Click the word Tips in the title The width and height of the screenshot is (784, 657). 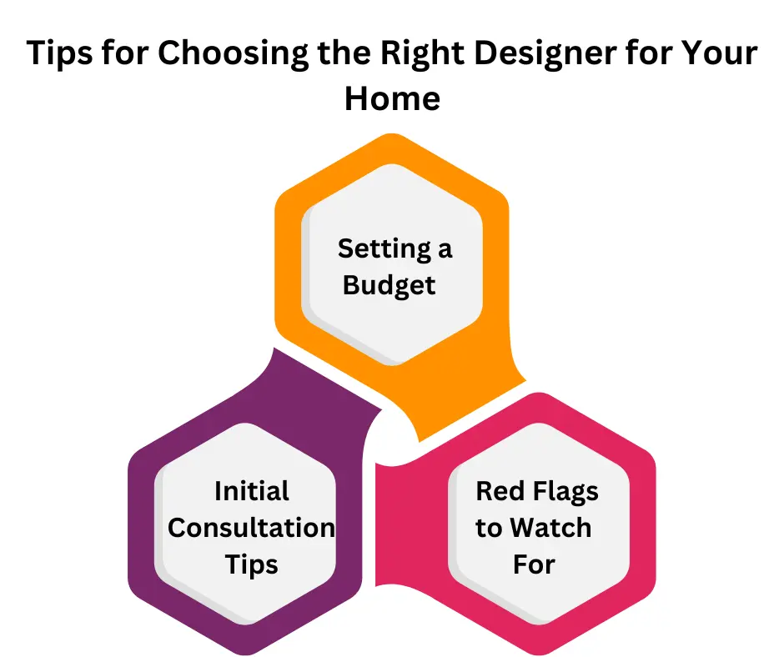[59, 53]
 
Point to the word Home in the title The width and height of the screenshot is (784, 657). [393, 98]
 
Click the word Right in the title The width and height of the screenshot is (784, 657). [423, 53]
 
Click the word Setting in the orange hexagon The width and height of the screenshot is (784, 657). [384, 249]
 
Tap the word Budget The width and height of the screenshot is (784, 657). [389, 286]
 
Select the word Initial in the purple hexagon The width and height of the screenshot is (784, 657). [252, 491]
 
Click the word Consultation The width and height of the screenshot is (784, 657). [252, 528]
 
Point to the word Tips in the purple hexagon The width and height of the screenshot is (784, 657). [252, 565]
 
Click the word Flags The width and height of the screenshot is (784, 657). [566, 492]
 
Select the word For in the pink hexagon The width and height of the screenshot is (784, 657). [534, 564]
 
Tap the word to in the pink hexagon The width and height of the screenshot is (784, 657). [489, 529]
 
